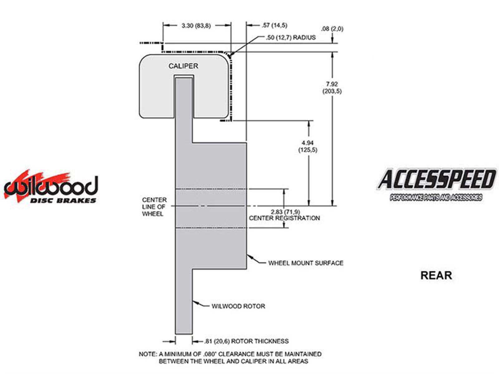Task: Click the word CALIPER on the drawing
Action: pyautogui.click(x=183, y=66)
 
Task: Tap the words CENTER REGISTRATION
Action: pyautogui.click(x=284, y=218)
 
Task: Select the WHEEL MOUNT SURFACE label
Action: pyautogui.click(x=306, y=263)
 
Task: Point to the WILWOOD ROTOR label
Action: pyautogui.click(x=238, y=306)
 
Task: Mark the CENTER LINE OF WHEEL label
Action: pyautogui.click(x=154, y=207)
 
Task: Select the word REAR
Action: pyautogui.click(x=436, y=276)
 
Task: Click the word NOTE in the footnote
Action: pyautogui.click(x=148, y=354)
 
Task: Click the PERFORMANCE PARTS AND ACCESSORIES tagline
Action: pyautogui.click(x=436, y=197)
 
